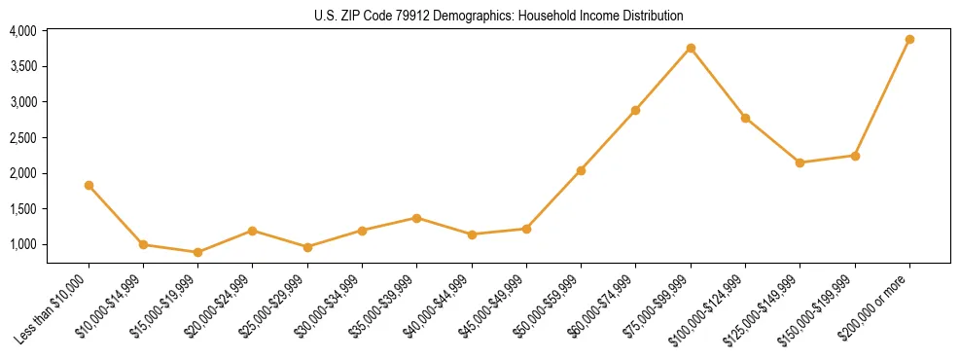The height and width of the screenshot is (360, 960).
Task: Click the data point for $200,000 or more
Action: tap(909, 39)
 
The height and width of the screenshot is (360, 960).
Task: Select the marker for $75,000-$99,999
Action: tap(691, 48)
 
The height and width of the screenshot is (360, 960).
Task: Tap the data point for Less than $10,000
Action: tap(89, 185)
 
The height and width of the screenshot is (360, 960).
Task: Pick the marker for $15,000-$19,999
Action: tap(198, 252)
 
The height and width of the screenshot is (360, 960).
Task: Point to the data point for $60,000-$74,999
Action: tap(635, 110)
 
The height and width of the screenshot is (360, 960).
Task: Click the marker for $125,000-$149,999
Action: tap(800, 162)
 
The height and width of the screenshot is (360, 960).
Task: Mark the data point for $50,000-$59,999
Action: tap(581, 170)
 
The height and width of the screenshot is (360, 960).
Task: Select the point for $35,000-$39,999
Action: tap(416, 218)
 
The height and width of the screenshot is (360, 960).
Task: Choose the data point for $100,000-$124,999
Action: tap(745, 118)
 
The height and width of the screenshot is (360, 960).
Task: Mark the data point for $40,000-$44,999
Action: tap(472, 234)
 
